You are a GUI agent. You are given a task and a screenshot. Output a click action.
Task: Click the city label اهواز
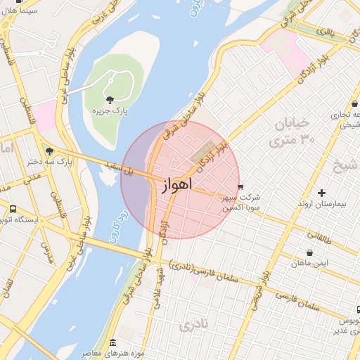[x=172, y=186]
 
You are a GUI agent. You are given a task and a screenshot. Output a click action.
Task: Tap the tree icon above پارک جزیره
[x=109, y=99]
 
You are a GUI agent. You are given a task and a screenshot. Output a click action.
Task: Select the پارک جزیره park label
[x=110, y=111]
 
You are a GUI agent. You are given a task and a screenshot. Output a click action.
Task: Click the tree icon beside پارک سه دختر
[x=49, y=150]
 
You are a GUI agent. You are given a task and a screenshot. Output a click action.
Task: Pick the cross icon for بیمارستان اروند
[x=322, y=192]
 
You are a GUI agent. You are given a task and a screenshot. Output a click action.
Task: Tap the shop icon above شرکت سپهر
[x=242, y=187]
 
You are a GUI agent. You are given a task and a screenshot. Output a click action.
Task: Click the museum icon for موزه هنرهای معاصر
[x=113, y=342]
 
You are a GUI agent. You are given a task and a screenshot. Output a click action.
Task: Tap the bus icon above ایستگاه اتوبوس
[x=13, y=209]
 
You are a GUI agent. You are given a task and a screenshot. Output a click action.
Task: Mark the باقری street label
[x=324, y=33]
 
